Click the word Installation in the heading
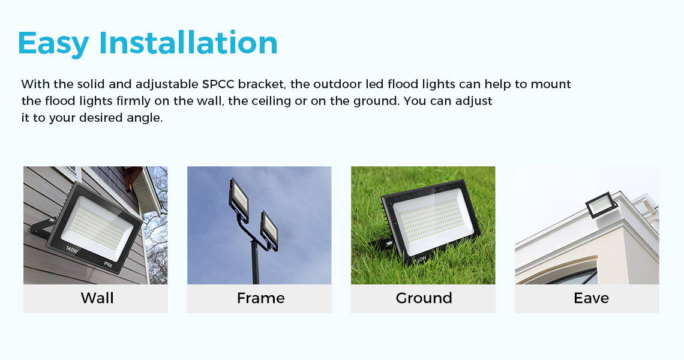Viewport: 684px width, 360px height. point(188,42)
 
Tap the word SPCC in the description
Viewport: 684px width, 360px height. point(218,84)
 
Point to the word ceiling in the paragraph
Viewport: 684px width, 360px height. point(260,101)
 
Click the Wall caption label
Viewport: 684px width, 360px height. point(97,298)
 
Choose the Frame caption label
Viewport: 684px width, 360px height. point(261,298)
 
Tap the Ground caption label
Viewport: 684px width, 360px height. point(424,298)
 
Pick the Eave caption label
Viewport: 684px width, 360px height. point(591,298)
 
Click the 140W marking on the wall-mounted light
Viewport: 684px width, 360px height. point(72,250)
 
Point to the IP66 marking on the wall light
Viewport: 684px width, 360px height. point(109,264)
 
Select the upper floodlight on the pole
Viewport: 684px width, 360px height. point(239,200)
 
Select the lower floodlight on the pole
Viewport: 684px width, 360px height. point(269,230)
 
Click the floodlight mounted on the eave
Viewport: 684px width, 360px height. point(601,205)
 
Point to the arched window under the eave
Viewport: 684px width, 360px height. point(571,277)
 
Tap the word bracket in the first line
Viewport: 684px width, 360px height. point(261,84)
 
